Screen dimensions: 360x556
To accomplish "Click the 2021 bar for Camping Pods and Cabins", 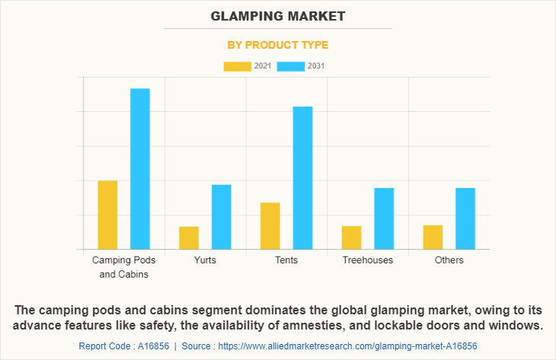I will [107, 215].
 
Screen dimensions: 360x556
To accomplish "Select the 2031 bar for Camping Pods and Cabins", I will [140, 169].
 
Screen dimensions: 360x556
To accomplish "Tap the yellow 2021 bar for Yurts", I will [189, 237].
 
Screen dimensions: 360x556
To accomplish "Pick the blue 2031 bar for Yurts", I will [222, 217].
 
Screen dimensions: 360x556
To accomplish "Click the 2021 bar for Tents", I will [270, 225].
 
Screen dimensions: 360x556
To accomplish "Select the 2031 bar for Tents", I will [303, 177].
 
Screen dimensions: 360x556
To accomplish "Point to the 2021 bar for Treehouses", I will [352, 237].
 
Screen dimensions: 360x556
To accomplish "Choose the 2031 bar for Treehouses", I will [384, 218].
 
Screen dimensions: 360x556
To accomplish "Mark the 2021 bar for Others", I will [433, 237].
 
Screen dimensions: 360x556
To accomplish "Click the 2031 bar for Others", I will [465, 218].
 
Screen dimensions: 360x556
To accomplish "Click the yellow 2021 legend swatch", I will [237, 66].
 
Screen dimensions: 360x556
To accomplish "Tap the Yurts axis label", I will [205, 260].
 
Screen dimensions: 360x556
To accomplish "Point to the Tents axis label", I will [286, 260].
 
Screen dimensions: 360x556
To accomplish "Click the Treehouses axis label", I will [368, 260].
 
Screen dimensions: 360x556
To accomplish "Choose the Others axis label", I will [449, 260].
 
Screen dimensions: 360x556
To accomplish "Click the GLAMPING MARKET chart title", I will [278, 16].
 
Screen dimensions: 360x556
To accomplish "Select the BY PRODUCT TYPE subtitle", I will [278, 45].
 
